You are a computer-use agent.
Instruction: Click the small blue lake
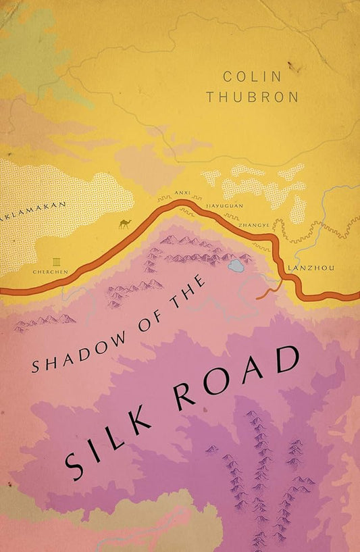[236, 266]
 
